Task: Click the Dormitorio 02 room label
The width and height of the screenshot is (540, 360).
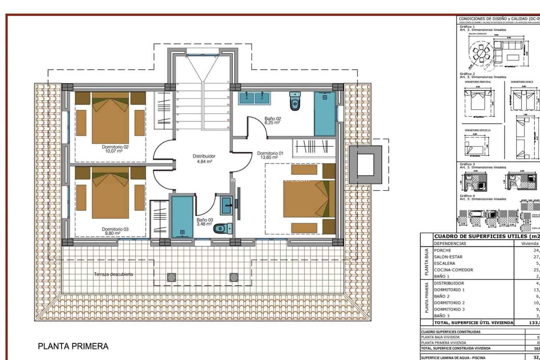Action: click(115, 149)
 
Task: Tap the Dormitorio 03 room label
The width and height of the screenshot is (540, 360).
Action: click(115, 231)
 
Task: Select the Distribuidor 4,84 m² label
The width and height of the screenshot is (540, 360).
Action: click(204, 159)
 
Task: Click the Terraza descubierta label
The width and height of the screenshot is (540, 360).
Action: click(113, 274)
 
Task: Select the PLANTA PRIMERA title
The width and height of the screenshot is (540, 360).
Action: click(73, 346)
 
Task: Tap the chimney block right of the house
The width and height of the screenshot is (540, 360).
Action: click(365, 164)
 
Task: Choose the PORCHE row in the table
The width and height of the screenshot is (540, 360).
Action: click(442, 250)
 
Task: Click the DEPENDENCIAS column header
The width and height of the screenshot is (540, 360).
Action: click(450, 243)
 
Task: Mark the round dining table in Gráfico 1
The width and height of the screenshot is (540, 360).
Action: click(481, 53)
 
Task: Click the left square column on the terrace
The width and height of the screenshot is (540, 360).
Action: click(171, 277)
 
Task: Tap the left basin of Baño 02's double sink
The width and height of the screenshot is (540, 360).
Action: click(247, 98)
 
